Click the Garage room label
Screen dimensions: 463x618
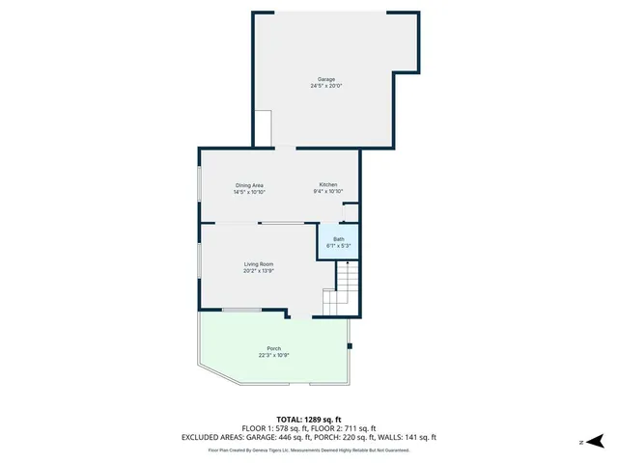pyautogui.click(x=326, y=79)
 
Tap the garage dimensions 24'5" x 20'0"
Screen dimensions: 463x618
pyautogui.click(x=326, y=86)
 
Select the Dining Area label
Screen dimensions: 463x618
pyautogui.click(x=249, y=185)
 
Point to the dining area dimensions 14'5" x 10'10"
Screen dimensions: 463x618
pyautogui.click(x=249, y=192)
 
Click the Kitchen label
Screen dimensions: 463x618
pyautogui.click(x=328, y=185)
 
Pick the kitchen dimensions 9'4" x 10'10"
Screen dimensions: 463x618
pyautogui.click(x=328, y=192)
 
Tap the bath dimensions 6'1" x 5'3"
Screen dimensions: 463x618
pyautogui.click(x=338, y=246)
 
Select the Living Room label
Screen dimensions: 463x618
pyautogui.click(x=258, y=264)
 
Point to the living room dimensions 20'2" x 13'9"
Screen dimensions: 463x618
pyautogui.click(x=258, y=271)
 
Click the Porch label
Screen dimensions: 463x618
pyautogui.click(x=274, y=348)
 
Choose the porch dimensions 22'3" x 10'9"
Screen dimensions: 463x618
pyautogui.click(x=274, y=355)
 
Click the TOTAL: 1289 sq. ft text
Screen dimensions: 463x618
pyautogui.click(x=309, y=419)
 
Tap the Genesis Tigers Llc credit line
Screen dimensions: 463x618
pyautogui.click(x=309, y=449)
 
